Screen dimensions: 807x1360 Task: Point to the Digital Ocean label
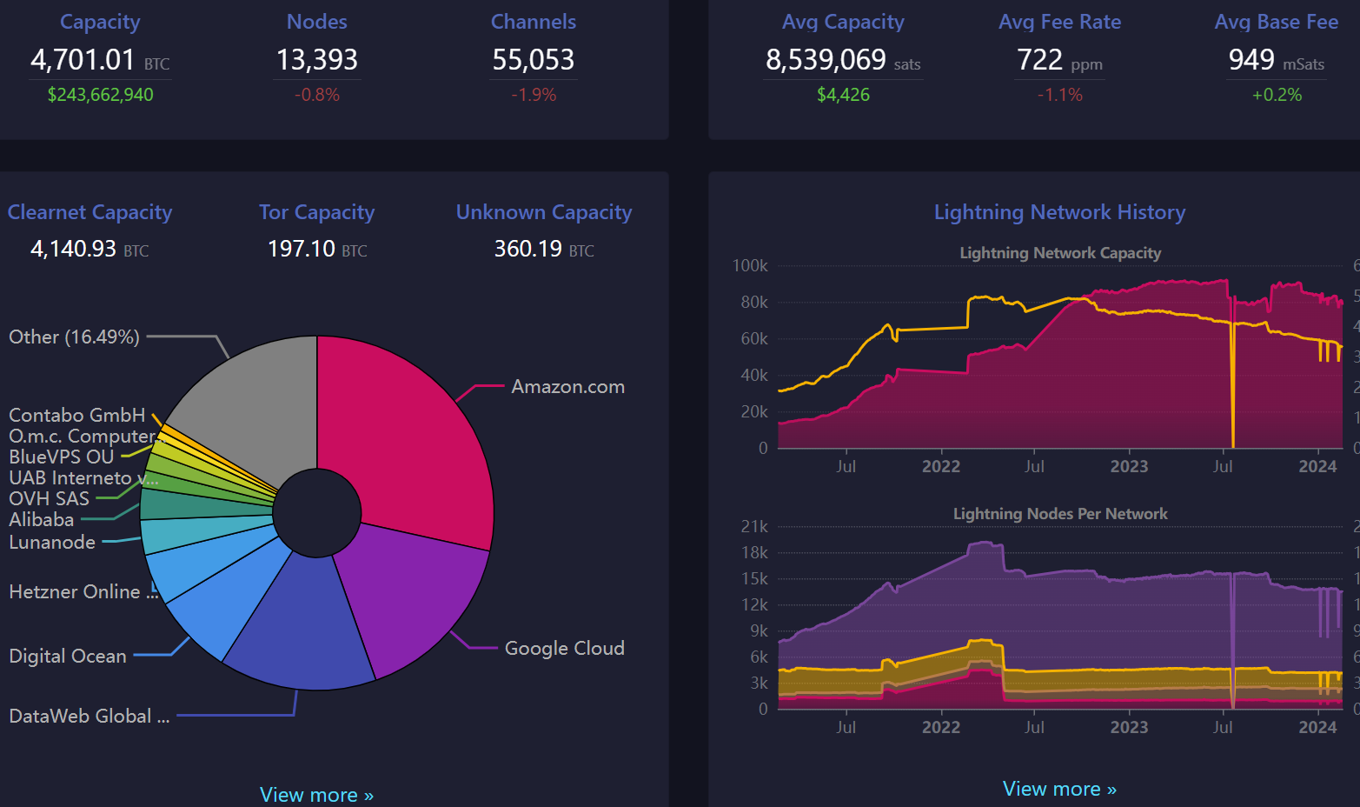pyautogui.click(x=68, y=657)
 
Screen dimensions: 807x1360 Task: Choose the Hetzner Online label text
pyautogui.click(x=75, y=592)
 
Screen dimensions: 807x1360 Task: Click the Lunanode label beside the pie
pyautogui.click(x=52, y=543)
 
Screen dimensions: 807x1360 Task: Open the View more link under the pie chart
pyautogui.click(x=316, y=795)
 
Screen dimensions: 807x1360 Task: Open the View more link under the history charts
pyautogui.click(x=1059, y=789)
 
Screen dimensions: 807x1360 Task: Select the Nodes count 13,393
pyautogui.click(x=317, y=60)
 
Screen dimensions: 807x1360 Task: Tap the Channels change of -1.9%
pyautogui.click(x=534, y=95)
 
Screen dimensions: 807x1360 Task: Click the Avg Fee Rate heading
pyautogui.click(x=1059, y=22)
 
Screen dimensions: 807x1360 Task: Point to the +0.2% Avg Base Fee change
pyautogui.click(x=1277, y=95)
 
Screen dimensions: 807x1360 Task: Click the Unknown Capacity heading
pyautogui.click(x=544, y=212)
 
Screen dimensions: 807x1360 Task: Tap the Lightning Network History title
pyautogui.click(x=1059, y=212)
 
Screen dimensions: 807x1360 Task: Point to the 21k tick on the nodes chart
pyautogui.click(x=754, y=527)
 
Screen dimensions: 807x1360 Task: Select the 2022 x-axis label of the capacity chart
pyautogui.click(x=941, y=467)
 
